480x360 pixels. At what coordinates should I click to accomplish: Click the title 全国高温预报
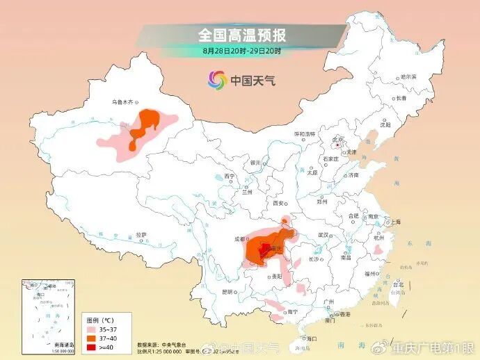pyautogui.click(x=241, y=35)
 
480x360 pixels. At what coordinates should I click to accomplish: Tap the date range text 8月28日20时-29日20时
pyautogui.click(x=241, y=51)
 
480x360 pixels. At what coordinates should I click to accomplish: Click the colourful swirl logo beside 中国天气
pyautogui.click(x=217, y=81)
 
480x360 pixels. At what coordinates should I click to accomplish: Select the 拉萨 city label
pyautogui.click(x=141, y=235)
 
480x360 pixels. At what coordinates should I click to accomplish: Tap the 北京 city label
pyautogui.click(x=338, y=139)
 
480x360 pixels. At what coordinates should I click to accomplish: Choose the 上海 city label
pyautogui.click(x=395, y=222)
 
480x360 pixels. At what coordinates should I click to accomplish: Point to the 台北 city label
pyautogui.click(x=398, y=284)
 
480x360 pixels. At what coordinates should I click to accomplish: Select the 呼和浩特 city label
pyautogui.click(x=304, y=133)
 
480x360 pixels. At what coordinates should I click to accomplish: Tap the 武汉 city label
pyautogui.click(x=323, y=235)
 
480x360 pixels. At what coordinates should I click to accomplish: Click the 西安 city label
pyautogui.click(x=280, y=204)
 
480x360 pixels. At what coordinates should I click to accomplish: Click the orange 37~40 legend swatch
pyautogui.click(x=91, y=337)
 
